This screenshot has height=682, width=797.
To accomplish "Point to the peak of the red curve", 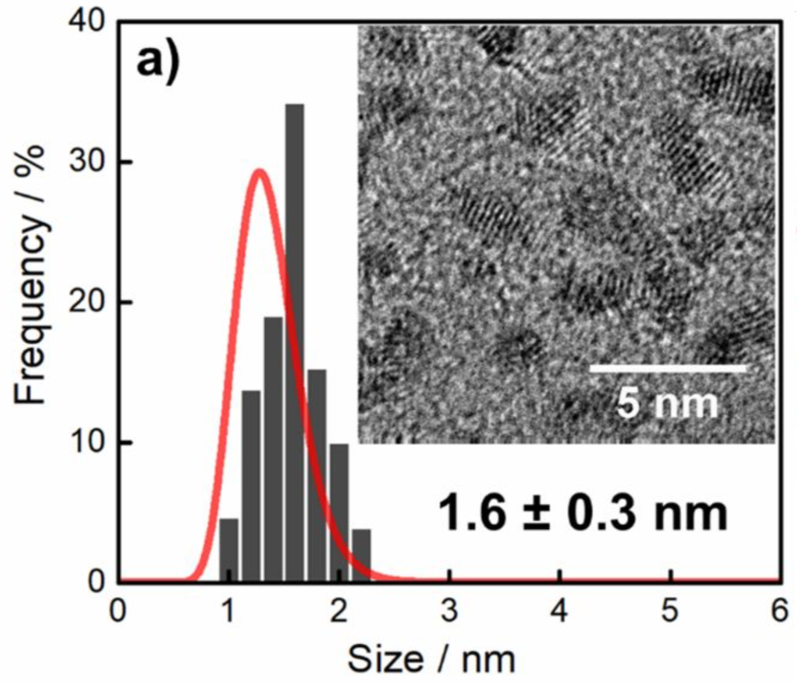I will [x=259, y=170].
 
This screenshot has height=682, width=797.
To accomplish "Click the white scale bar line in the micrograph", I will [x=667, y=368].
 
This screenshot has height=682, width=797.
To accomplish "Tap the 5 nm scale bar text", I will [x=667, y=402].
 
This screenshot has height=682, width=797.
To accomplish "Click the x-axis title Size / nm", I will [x=431, y=660].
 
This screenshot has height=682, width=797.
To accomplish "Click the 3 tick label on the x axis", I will [x=449, y=612].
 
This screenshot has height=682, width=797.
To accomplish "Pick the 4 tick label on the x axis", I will [x=559, y=612].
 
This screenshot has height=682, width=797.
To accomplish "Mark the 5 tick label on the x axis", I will [x=670, y=612].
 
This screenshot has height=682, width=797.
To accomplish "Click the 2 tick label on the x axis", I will [x=339, y=612].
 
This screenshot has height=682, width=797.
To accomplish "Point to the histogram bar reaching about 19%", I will [x=273, y=448].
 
